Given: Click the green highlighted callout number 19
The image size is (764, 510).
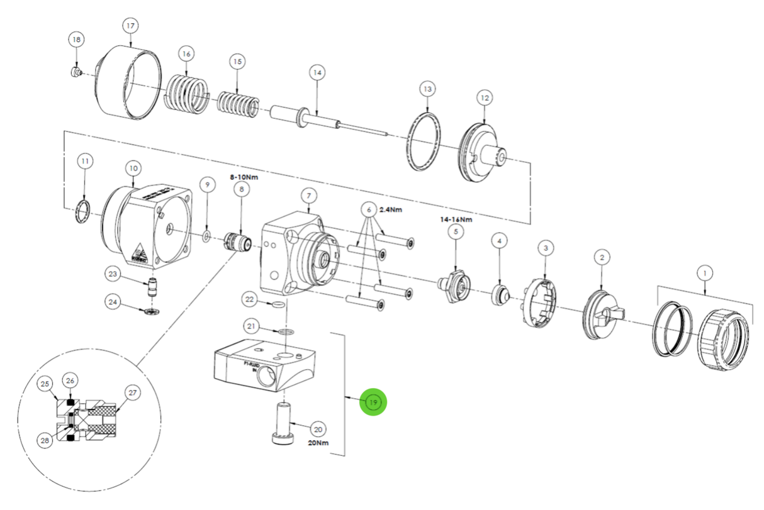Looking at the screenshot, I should pos(374,402).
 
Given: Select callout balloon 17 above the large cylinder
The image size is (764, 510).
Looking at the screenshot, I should pos(130,26).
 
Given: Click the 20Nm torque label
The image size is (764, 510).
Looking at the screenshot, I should pos(319,443).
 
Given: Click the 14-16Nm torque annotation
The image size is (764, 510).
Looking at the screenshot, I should pos(456,219).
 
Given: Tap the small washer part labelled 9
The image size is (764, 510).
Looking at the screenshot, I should pos(206,236).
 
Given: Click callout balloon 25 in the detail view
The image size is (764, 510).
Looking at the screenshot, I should pos(45,383).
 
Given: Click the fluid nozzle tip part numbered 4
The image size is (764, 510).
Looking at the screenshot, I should pos(500,293).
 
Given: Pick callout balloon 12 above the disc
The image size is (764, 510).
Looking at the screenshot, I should pos(485,98).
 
